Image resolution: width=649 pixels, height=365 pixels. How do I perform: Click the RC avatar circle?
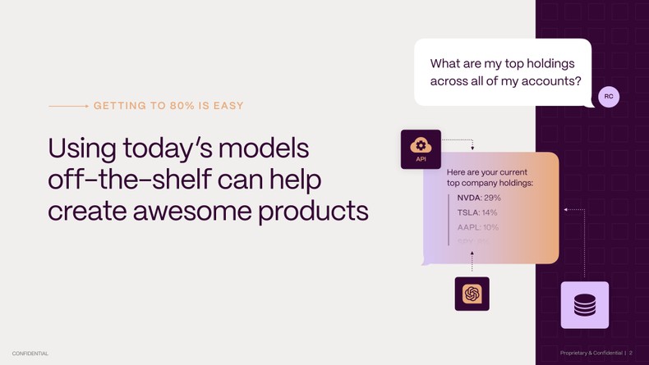click(609, 97)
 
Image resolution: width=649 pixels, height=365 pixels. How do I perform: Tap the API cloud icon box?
click(421, 149)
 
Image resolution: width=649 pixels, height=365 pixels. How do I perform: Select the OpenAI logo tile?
click(472, 294)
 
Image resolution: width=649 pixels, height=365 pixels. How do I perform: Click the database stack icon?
click(585, 305)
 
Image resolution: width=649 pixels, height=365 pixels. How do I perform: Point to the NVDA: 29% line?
click(479, 198)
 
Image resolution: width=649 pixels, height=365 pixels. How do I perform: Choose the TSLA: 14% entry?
click(477, 212)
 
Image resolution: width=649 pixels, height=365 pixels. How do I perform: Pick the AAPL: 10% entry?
click(478, 227)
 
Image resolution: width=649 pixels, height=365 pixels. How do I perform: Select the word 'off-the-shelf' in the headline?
click(122, 180)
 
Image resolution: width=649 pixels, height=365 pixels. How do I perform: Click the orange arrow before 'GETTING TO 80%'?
click(69, 106)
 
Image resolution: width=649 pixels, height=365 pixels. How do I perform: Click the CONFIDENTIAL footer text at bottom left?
click(30, 354)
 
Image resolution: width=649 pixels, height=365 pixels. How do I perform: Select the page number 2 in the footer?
click(630, 354)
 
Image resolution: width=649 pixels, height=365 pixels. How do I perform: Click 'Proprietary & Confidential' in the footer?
click(591, 354)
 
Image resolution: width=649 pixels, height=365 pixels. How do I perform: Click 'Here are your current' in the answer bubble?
click(486, 172)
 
